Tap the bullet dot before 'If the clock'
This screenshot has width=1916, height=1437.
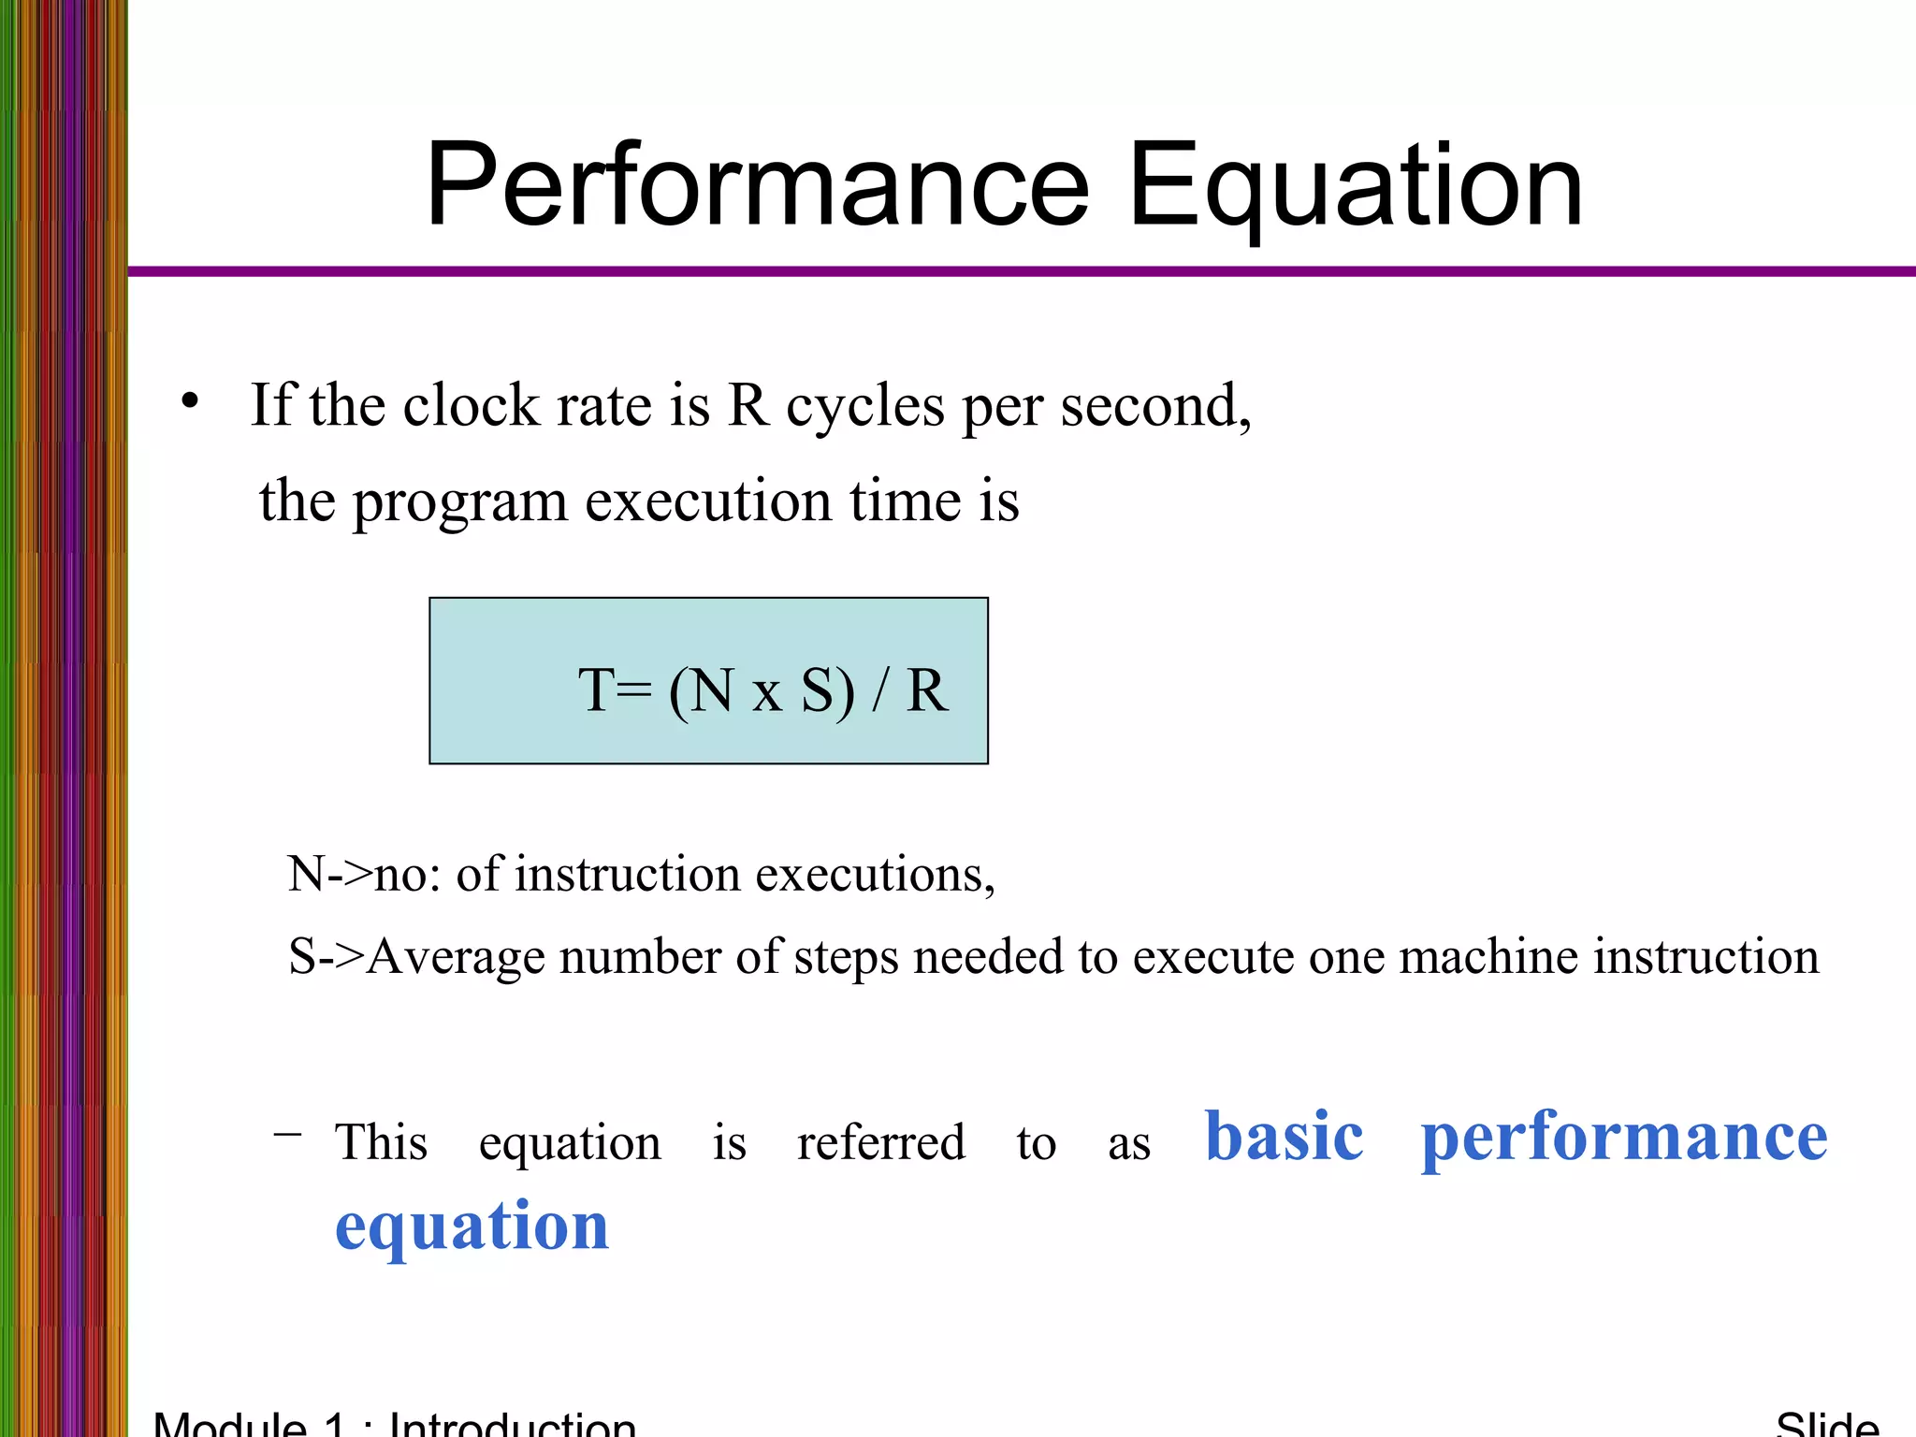pyautogui.click(x=191, y=401)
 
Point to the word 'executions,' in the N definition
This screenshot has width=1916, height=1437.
pyautogui.click(x=875, y=875)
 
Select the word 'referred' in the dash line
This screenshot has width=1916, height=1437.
pyautogui.click(x=880, y=1142)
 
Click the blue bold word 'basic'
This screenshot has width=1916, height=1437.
pyautogui.click(x=1284, y=1137)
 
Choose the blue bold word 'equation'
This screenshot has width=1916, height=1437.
pyautogui.click(x=472, y=1227)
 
